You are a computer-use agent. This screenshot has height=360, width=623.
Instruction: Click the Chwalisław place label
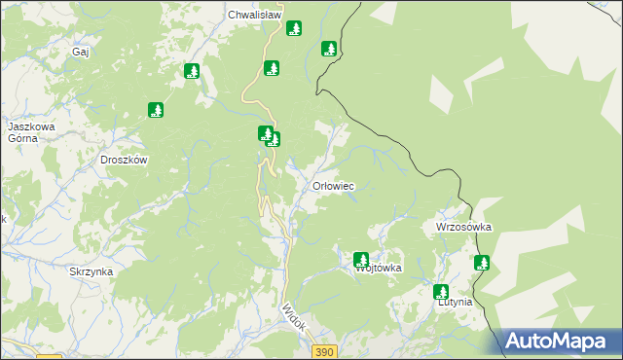pyautogui.click(x=254, y=15)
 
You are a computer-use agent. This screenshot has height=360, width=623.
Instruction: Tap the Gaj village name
pyautogui.click(x=81, y=52)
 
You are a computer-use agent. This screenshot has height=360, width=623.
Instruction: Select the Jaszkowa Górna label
pyautogui.click(x=30, y=132)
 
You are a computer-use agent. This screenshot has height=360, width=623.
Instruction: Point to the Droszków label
pyautogui.click(x=124, y=160)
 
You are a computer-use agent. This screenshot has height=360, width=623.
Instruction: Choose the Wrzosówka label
pyautogui.click(x=463, y=227)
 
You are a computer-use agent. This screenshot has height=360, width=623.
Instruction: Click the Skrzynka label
pyautogui.click(x=91, y=272)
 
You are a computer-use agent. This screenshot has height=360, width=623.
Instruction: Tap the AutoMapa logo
pyautogui.click(x=560, y=342)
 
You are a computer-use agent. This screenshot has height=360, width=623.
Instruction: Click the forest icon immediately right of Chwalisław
pyautogui.click(x=293, y=28)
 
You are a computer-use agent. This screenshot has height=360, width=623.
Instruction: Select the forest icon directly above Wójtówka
pyautogui.click(x=361, y=259)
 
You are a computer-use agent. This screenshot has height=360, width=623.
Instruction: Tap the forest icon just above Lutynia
pyautogui.click(x=441, y=291)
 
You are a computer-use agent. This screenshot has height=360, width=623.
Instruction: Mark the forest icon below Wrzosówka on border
pyautogui.click(x=481, y=262)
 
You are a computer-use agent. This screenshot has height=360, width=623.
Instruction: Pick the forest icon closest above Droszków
pyautogui.click(x=155, y=110)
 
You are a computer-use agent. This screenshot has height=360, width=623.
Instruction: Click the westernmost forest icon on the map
pyautogui.click(x=155, y=110)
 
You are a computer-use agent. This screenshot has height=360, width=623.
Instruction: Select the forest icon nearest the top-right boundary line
pyautogui.click(x=329, y=48)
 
